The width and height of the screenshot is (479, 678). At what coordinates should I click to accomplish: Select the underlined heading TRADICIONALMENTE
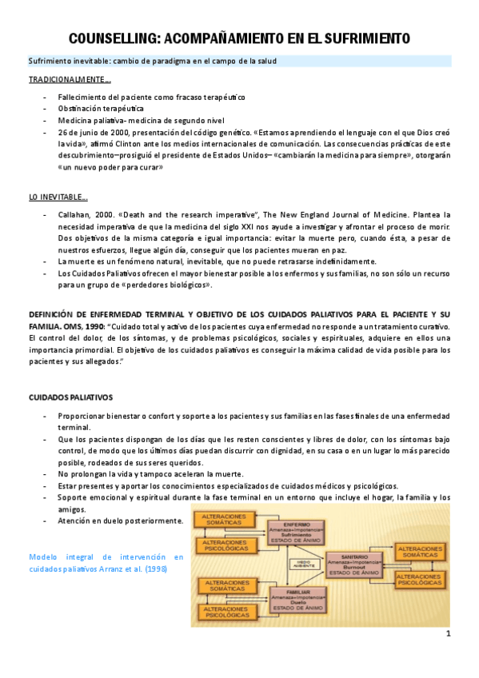[x=70, y=80]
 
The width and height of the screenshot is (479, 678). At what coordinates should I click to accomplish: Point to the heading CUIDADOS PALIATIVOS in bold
[x=71, y=397]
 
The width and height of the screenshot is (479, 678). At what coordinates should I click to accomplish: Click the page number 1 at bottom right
[x=449, y=634]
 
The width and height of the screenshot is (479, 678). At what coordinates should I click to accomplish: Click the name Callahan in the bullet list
[x=76, y=215]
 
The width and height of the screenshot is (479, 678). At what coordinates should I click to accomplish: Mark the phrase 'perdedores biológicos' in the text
[x=175, y=285]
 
